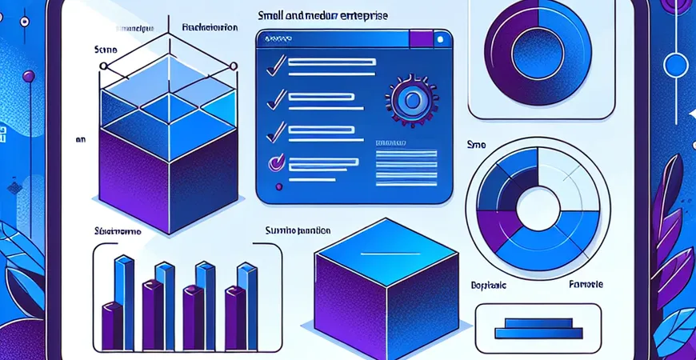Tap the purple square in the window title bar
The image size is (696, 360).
(x=419, y=38)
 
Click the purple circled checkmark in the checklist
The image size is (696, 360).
(x=275, y=162)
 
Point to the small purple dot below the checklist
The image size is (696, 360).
(x=278, y=187)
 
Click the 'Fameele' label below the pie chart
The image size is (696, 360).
(x=586, y=285)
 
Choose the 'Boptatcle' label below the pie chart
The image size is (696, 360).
(x=484, y=285)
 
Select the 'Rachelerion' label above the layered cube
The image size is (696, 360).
(x=210, y=26)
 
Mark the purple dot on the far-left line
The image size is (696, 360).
(x=29, y=76)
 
